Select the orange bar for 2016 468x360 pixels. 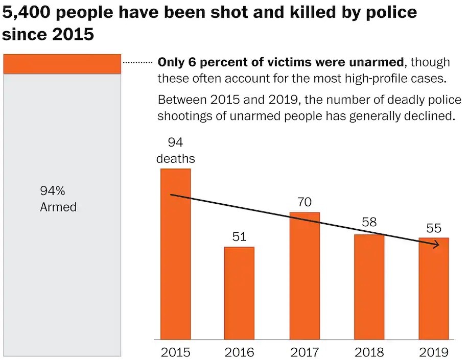[239, 293]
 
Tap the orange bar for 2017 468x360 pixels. [305, 276]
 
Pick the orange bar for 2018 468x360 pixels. [369, 287]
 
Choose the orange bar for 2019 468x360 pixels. [434, 289]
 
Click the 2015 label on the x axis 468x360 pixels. [175, 352]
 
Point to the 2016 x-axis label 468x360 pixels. [240, 352]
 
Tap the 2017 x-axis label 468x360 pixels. [305, 352]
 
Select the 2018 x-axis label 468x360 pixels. [369, 352]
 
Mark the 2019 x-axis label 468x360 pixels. [434, 352]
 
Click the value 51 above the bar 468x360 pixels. [239, 237]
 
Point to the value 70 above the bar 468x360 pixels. [305, 202]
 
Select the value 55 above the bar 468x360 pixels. [434, 228]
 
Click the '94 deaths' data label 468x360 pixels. [175, 151]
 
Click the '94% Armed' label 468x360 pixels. [58, 199]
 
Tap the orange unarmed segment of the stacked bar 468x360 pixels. [62, 64]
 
